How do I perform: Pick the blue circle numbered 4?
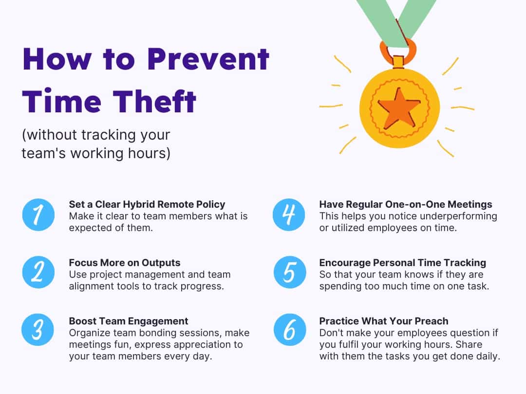click(x=289, y=215)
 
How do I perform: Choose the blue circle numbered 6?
click(x=289, y=330)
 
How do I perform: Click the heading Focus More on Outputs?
click(x=124, y=263)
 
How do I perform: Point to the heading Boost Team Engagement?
click(x=129, y=321)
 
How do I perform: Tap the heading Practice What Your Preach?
click(x=384, y=321)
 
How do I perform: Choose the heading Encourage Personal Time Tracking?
click(x=402, y=263)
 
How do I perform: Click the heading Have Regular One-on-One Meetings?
click(x=405, y=204)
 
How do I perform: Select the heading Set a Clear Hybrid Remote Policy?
click(x=147, y=204)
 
